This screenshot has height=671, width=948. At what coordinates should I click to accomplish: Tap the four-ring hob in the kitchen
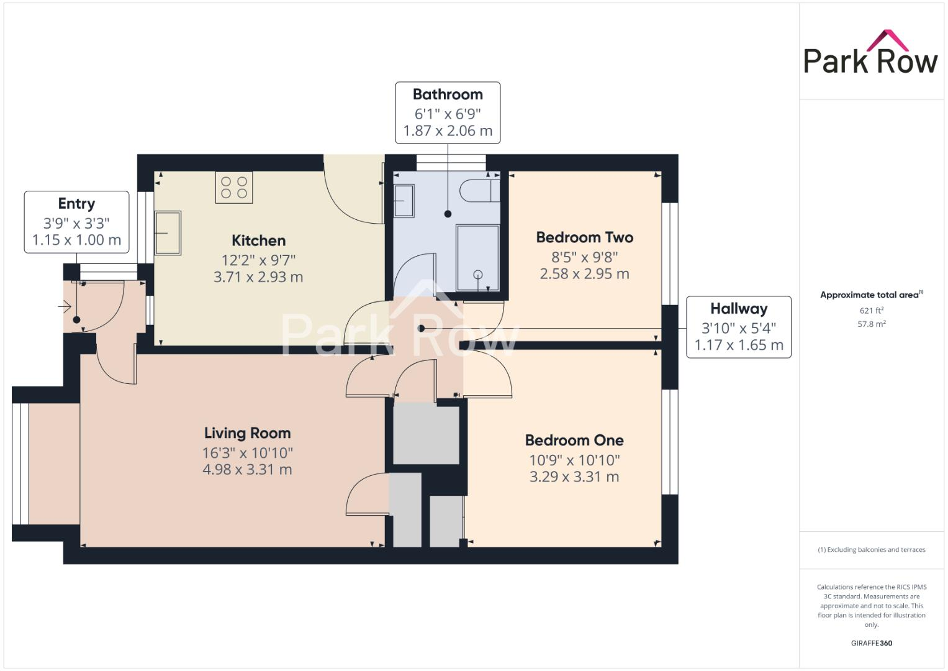234,188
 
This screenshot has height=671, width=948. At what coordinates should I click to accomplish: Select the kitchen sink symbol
168,232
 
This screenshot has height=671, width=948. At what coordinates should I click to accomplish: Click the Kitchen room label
258,240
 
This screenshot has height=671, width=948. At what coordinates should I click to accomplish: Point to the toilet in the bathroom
480,191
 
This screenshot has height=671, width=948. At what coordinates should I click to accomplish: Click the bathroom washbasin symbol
404,200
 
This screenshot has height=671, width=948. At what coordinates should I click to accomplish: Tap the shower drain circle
477,275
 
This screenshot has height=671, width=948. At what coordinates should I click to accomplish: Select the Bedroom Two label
584,237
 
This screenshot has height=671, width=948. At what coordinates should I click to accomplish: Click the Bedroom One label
574,440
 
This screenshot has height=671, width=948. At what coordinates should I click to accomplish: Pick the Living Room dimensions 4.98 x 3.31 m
247,470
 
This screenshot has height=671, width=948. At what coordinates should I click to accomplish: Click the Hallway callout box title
738,309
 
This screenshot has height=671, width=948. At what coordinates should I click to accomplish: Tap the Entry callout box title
76,204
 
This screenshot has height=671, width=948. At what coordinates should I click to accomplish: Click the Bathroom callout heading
448,94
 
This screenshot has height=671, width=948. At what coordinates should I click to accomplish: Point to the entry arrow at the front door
65,306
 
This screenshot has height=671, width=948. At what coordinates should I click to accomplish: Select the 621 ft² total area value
871,311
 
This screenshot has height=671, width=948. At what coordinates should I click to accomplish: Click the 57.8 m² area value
871,324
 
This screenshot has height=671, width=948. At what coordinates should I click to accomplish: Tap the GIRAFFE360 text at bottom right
871,643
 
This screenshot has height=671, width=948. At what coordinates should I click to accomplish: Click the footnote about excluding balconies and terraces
871,550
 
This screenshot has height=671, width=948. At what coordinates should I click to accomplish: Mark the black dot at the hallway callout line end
422,328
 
